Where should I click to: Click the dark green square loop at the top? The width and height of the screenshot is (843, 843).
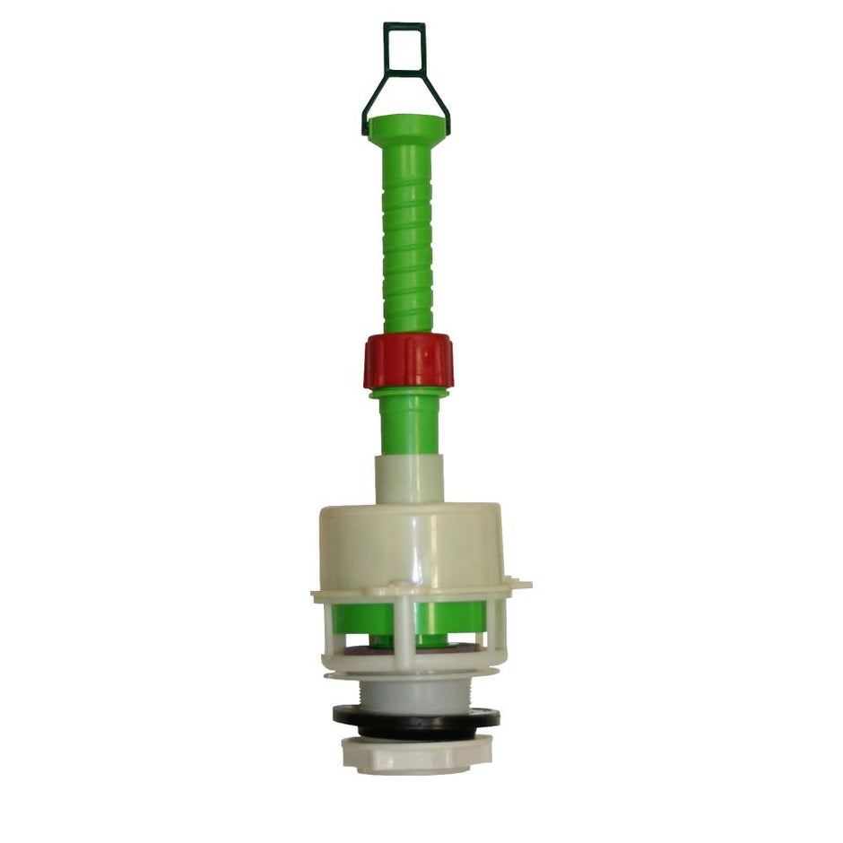(x=404, y=48)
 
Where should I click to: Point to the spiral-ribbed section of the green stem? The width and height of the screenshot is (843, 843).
(x=408, y=242)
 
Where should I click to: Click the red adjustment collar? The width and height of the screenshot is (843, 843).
(x=408, y=361)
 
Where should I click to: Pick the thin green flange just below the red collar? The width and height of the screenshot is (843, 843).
(x=409, y=393)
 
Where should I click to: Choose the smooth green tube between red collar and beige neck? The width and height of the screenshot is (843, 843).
(x=409, y=426)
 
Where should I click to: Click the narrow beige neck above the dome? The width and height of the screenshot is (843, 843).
(x=409, y=479)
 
